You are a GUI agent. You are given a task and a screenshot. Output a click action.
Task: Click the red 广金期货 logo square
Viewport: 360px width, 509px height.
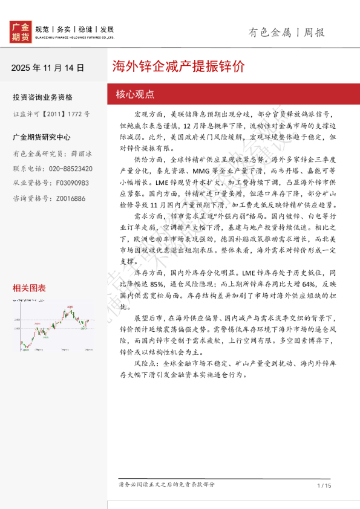coord(21,32)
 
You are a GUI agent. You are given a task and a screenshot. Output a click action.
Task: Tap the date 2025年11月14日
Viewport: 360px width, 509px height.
coord(48,68)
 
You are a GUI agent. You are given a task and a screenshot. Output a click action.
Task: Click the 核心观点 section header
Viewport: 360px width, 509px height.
coord(135,94)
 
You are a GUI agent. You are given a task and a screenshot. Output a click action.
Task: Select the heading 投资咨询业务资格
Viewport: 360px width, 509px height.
coord(42,97)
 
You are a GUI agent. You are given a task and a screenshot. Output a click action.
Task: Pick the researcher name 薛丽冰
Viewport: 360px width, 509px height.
coord(82,154)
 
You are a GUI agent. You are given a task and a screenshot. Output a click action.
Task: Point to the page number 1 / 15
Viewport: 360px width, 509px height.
coord(324,485)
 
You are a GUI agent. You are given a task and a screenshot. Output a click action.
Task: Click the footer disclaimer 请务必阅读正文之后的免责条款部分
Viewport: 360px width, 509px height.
coord(166,485)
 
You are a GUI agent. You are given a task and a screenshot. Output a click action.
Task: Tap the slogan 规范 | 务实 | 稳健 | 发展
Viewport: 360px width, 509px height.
coord(75,29)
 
